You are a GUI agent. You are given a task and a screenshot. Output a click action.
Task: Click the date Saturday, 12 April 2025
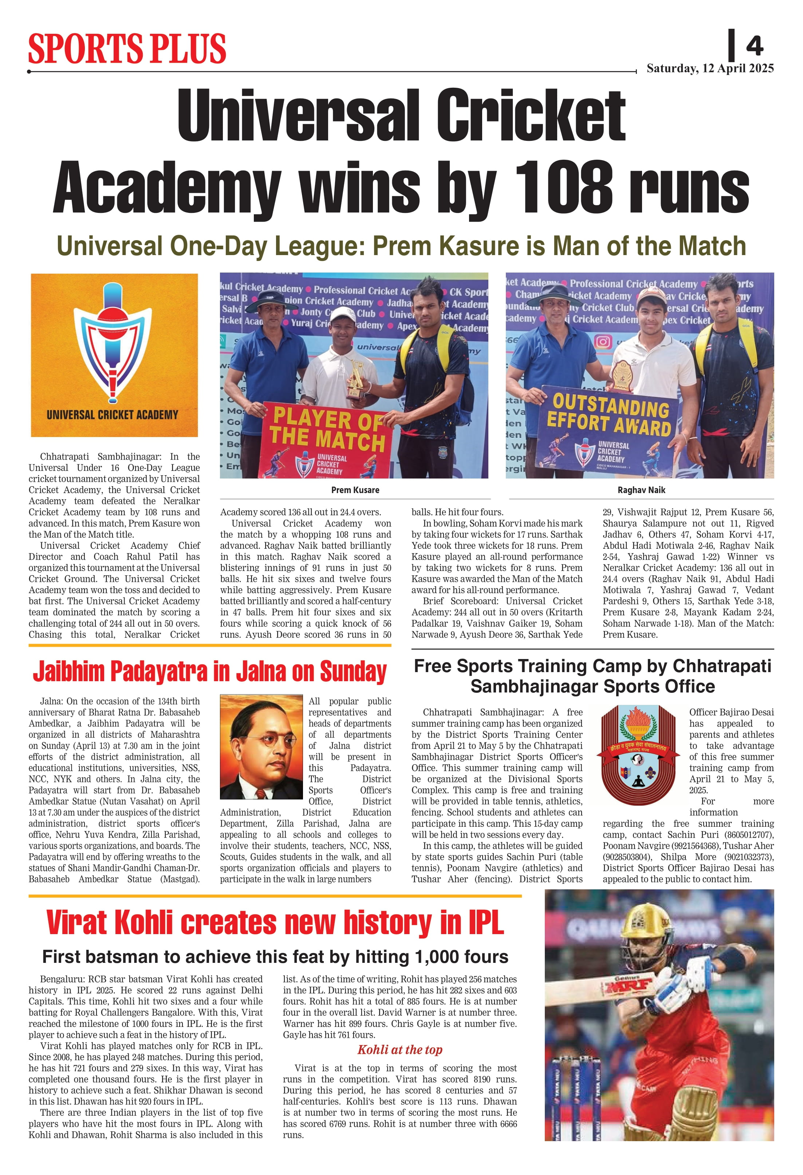coord(710,68)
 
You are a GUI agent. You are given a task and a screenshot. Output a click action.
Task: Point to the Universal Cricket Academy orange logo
coord(114,355)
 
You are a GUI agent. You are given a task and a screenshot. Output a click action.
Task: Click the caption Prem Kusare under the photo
coord(355,490)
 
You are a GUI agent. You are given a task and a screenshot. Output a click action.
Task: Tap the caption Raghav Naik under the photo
coord(641,490)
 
